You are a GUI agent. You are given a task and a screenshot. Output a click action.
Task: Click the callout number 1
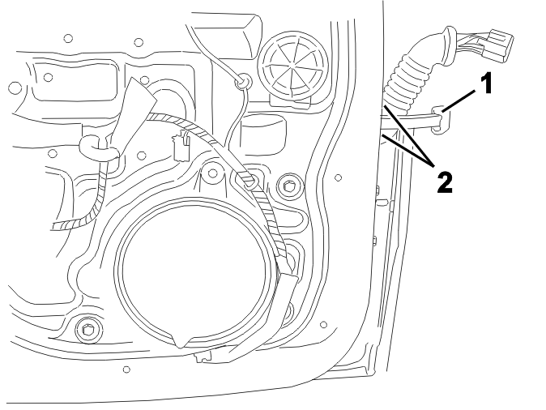click(x=486, y=83)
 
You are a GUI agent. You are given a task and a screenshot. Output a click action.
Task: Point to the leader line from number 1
click(x=459, y=100)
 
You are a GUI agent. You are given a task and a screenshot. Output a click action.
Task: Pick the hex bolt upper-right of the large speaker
click(x=287, y=186)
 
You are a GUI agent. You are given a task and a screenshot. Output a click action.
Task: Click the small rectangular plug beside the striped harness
click(x=181, y=147)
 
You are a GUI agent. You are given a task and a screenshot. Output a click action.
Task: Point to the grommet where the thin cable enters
click(x=243, y=82)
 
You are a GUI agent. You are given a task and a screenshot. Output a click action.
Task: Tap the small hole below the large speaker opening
click(x=126, y=369)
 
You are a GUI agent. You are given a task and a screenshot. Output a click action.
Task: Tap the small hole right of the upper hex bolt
click(x=338, y=177)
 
